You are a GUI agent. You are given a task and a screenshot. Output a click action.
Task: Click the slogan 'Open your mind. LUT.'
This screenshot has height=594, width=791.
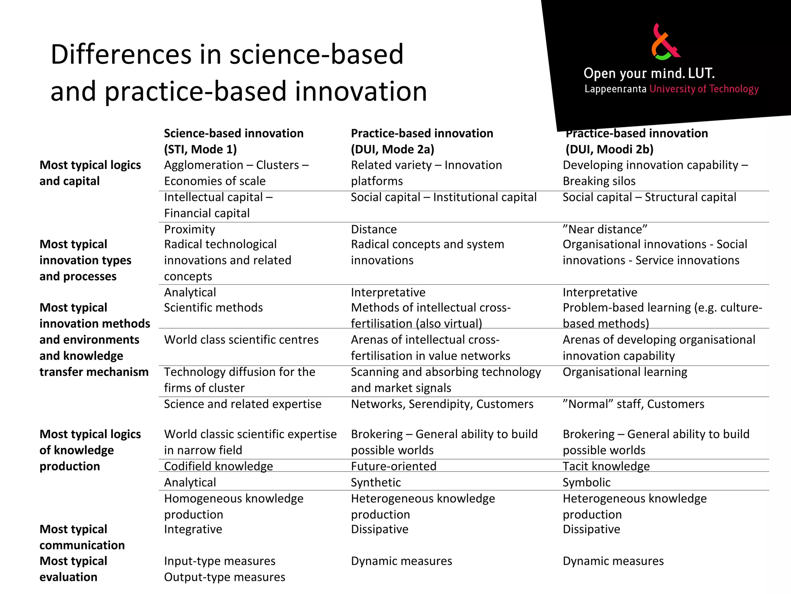[649, 73]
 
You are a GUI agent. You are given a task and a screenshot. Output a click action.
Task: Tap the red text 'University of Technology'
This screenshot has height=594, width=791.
[704, 89]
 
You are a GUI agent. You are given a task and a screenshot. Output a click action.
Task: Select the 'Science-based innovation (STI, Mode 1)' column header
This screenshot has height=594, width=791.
[233, 141]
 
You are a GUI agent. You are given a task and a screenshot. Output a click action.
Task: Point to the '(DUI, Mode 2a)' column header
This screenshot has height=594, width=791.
[392, 149]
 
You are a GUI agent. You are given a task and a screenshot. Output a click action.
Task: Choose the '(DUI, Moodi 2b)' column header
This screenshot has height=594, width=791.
[609, 149]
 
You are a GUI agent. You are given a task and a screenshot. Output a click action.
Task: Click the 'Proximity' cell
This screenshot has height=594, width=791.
[189, 229]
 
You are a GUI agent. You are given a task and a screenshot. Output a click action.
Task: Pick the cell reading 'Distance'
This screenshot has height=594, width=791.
[373, 229]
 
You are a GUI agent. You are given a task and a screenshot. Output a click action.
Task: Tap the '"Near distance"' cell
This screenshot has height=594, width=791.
[604, 229]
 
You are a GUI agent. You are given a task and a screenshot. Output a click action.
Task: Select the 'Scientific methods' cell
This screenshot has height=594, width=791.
[213, 307]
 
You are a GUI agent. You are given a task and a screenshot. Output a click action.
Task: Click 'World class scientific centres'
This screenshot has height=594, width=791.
[241, 340]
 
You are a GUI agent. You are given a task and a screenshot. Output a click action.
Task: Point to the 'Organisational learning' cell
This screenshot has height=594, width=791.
[625, 372]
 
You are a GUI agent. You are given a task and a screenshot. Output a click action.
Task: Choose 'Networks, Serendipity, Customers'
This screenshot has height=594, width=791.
[442, 404]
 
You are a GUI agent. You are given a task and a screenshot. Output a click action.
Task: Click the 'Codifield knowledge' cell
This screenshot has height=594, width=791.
[218, 466]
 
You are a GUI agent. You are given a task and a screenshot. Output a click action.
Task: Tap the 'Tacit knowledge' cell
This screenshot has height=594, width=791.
[606, 466]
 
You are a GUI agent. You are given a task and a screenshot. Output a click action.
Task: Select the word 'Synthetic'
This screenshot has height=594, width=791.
[375, 483]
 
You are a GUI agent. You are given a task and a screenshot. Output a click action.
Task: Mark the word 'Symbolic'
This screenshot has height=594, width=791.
[586, 483]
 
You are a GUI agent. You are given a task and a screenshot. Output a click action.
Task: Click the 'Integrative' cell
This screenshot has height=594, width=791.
[193, 529]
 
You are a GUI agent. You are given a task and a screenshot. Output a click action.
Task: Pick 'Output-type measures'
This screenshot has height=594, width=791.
[224, 577]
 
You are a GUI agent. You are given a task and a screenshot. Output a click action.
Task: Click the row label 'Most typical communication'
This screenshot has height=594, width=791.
[82, 537]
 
